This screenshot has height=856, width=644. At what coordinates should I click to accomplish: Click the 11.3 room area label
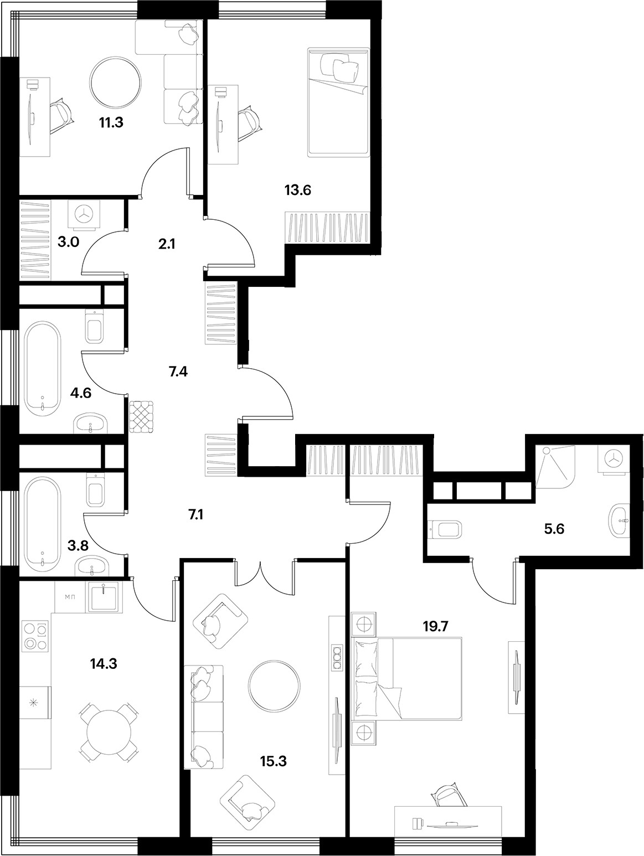click(x=111, y=122)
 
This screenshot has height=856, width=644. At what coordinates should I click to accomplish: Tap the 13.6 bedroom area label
click(x=298, y=191)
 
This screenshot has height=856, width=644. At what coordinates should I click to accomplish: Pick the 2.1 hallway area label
click(x=166, y=243)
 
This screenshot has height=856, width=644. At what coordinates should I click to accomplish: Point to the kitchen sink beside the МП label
click(x=103, y=597)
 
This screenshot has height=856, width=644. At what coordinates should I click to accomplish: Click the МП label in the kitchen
click(x=70, y=597)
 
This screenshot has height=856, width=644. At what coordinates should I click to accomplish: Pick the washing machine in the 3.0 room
click(x=85, y=215)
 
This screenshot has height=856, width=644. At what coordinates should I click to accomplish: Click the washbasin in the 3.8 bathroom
click(x=91, y=566)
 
